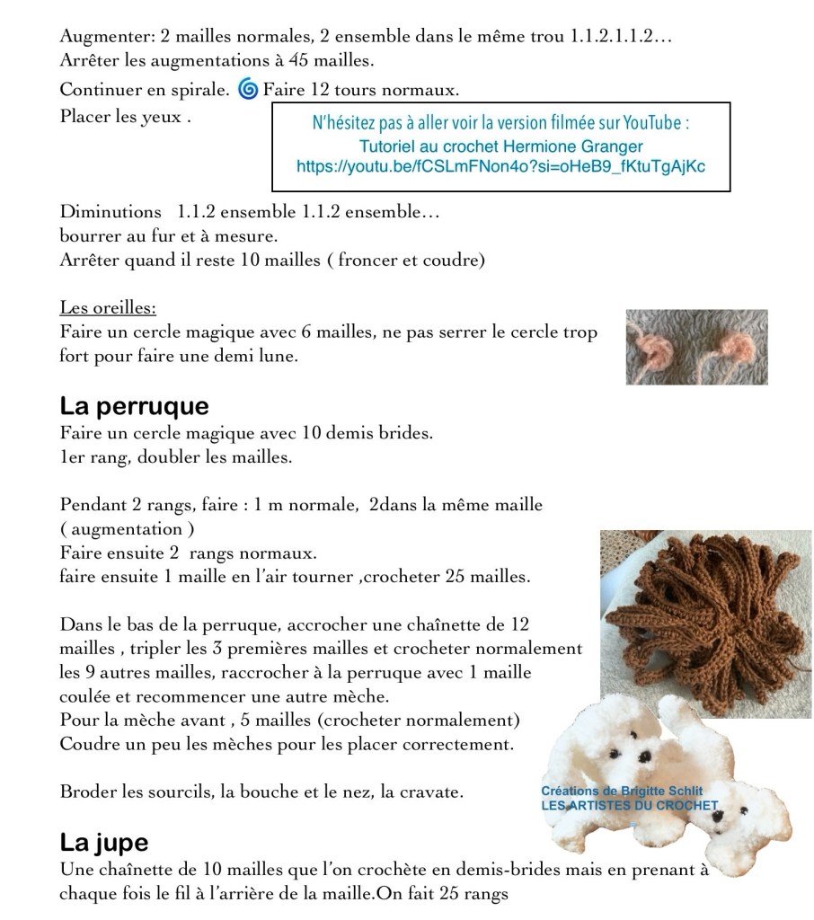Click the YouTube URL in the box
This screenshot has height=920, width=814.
pos(500,166)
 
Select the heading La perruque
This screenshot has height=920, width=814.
pos(134,406)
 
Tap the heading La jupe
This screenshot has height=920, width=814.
pos(103,843)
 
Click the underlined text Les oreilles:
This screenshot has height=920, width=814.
pos(108,308)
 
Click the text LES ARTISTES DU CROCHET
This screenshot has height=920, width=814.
pos(629,806)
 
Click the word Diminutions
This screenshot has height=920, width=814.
pos(111,213)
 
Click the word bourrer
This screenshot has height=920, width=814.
pos(89,236)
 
